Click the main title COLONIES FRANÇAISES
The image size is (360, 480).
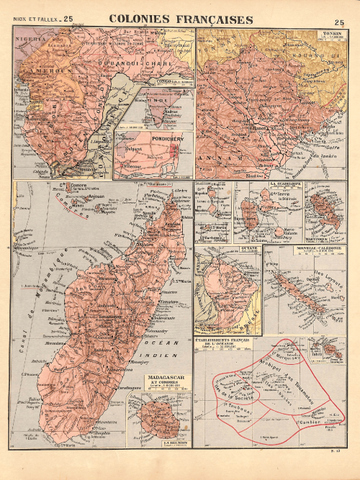click(180, 19)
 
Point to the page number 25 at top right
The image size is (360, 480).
click(338, 23)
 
